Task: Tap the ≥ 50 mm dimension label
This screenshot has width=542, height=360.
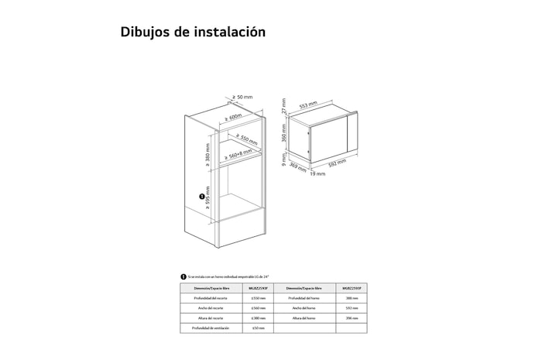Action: click(244, 97)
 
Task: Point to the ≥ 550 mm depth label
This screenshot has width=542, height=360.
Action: click(245, 139)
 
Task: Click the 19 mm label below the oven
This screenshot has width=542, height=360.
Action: click(318, 174)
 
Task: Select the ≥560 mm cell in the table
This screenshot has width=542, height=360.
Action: click(259, 307)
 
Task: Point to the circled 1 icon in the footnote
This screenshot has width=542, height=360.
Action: click(184, 276)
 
